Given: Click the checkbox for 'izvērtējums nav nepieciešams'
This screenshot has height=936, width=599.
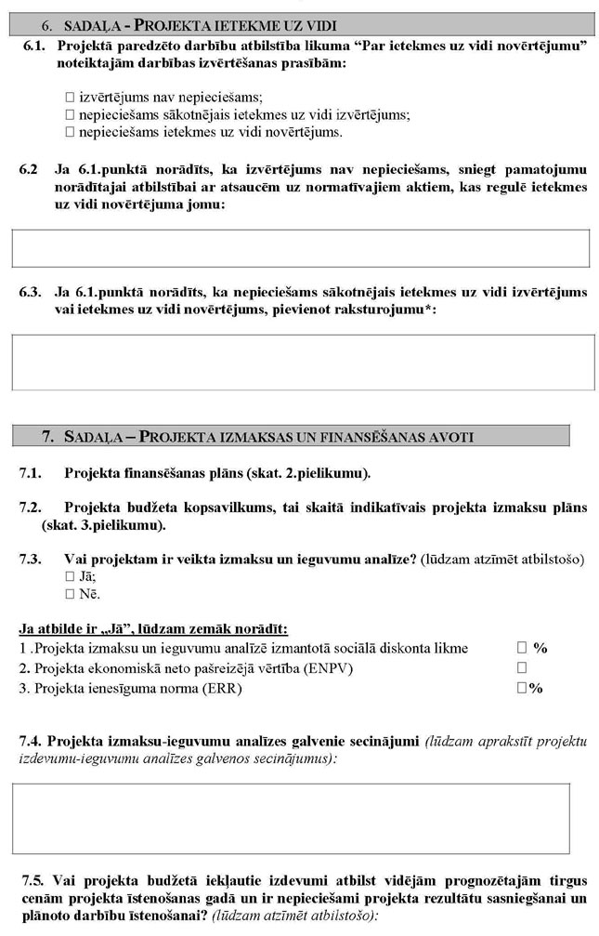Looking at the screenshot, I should click(70, 97).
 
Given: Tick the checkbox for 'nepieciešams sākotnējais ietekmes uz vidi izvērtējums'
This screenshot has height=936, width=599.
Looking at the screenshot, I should click(70, 114).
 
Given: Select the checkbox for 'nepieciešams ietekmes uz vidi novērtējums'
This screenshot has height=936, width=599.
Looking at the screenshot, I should click(70, 132).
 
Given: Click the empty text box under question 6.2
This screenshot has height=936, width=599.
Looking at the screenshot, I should click(300, 248).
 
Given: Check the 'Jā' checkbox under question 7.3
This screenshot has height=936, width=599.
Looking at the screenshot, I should click(70, 576).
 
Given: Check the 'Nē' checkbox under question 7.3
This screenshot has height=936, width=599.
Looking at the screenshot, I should click(70, 594).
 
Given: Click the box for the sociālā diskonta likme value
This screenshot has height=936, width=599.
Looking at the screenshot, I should click(522, 648).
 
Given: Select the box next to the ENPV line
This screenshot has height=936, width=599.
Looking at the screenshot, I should click(522, 667).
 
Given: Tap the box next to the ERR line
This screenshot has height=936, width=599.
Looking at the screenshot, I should click(522, 688).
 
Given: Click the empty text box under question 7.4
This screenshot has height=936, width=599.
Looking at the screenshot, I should click(291, 818).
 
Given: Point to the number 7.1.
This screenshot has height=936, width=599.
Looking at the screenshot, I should click(32, 473).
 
